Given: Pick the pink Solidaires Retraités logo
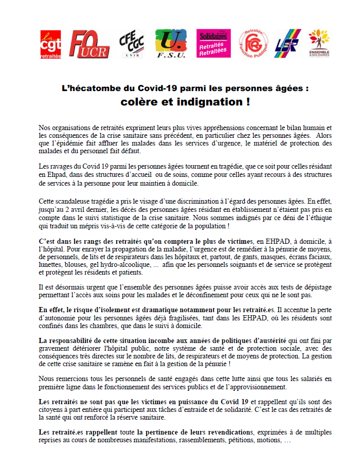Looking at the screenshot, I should coord(213,44).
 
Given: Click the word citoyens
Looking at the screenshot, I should coord(53,409).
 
